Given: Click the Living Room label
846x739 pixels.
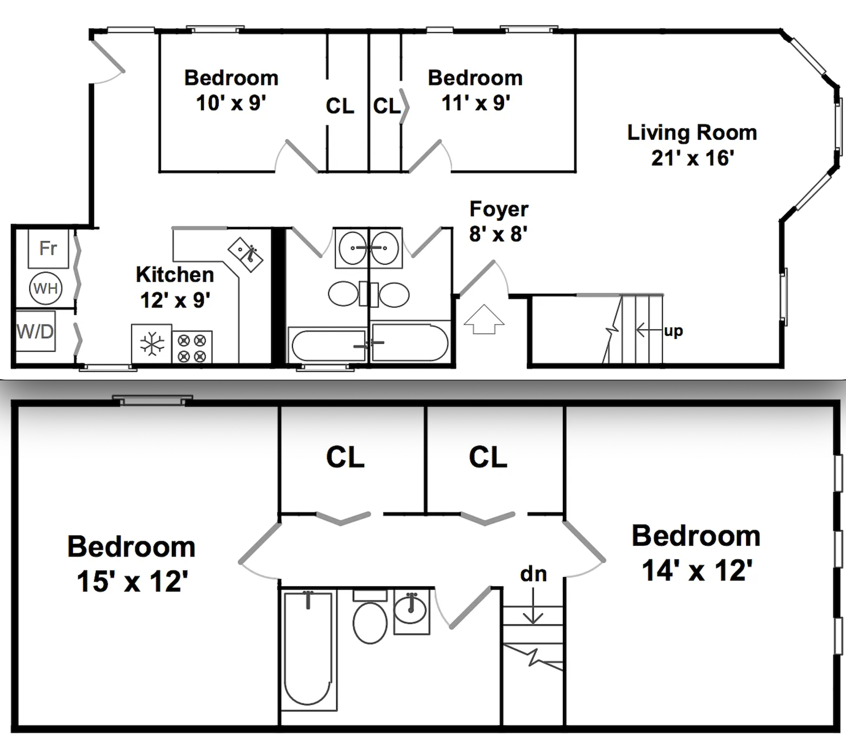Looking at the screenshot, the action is [x=692, y=133].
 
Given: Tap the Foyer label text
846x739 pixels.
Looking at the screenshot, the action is [x=499, y=209].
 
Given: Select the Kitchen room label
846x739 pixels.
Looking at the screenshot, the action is [x=175, y=275].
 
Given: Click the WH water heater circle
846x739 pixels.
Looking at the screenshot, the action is [x=46, y=288].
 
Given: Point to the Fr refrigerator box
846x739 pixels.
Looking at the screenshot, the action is [x=49, y=249].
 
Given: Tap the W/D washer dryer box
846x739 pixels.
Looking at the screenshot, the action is [x=35, y=331].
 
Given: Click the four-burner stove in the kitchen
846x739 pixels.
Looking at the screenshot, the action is [x=192, y=348].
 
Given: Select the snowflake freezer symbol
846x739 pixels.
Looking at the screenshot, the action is [x=152, y=344].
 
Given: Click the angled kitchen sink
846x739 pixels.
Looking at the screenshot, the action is [x=245, y=254].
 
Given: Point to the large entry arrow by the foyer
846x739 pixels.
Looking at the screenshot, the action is [x=484, y=319].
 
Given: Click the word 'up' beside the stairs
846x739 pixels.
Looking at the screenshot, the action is [x=673, y=331].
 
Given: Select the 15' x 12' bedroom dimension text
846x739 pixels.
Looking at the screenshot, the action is [x=132, y=582].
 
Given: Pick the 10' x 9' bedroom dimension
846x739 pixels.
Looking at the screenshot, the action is [x=231, y=103].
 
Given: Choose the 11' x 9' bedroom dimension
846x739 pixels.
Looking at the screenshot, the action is [x=476, y=103].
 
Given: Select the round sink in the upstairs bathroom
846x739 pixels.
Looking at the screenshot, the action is [x=410, y=611].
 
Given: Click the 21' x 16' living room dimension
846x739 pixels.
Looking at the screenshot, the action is [x=692, y=158].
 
